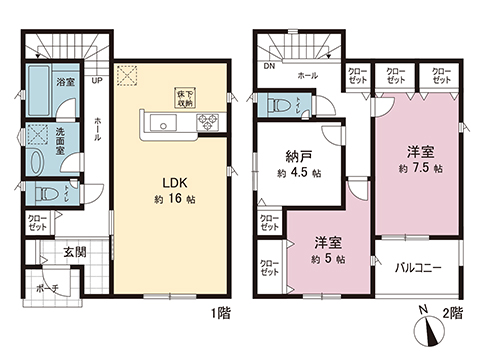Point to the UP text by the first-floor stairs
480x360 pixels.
click(x=98, y=80)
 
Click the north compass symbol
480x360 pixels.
click(x=426, y=324)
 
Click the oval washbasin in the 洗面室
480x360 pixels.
click(x=39, y=160)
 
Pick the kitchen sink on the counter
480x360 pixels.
click(x=162, y=123)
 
